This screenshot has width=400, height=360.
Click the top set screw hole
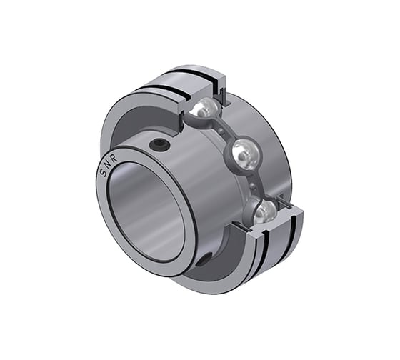pos(161,146)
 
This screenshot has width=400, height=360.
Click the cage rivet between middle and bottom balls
pos(255,184)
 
